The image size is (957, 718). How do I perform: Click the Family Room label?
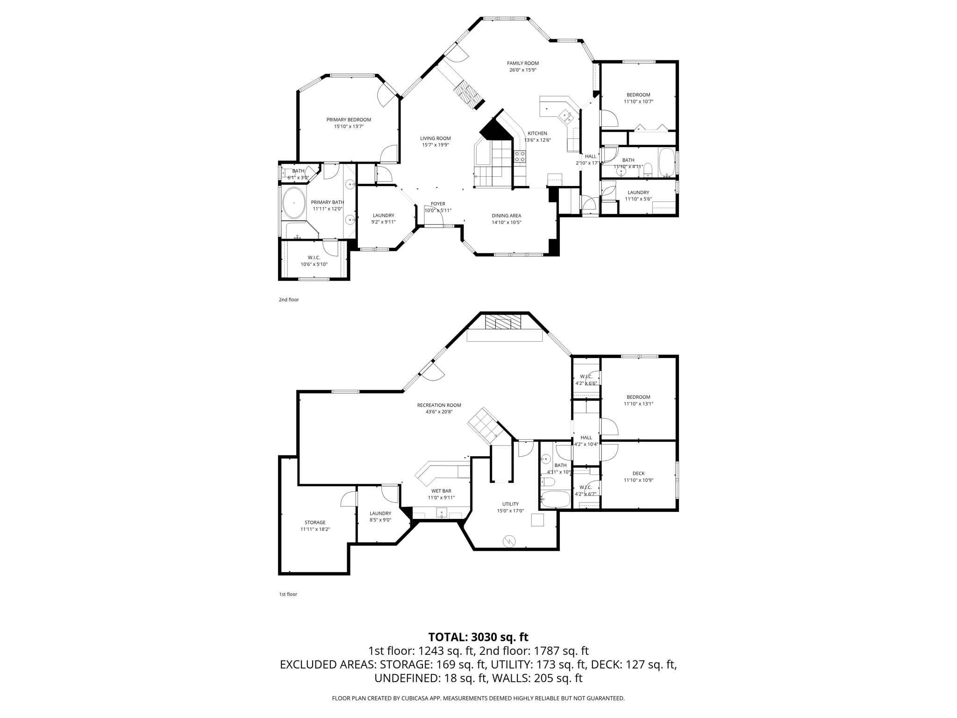522,63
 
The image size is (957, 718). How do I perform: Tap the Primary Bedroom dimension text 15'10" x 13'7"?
349,127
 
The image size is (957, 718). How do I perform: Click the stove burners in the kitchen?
520,157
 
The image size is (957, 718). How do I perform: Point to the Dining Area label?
506,215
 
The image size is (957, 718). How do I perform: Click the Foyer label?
438,204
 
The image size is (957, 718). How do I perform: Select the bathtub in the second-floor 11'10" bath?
666,163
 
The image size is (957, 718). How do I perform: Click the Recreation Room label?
439,405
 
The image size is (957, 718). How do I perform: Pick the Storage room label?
315,523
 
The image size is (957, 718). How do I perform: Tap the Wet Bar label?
441,491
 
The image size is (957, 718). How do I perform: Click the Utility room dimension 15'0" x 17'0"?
510,511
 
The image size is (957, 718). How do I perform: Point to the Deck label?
638,474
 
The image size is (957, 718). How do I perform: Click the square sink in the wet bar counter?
442,513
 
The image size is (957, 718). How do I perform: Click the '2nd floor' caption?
289,300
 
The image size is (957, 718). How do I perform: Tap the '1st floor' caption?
288,594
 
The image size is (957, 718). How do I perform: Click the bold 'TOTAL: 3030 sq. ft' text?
478,637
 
